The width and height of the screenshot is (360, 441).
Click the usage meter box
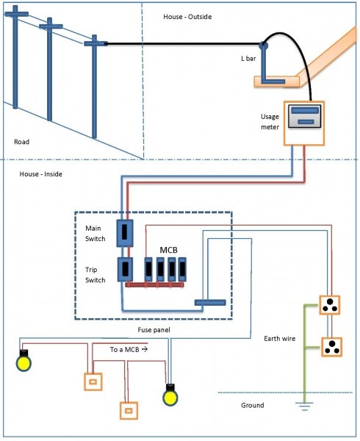click(303, 121)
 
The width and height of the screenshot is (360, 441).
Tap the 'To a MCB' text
click(128, 350)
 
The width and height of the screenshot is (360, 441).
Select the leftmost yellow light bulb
click(24, 362)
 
